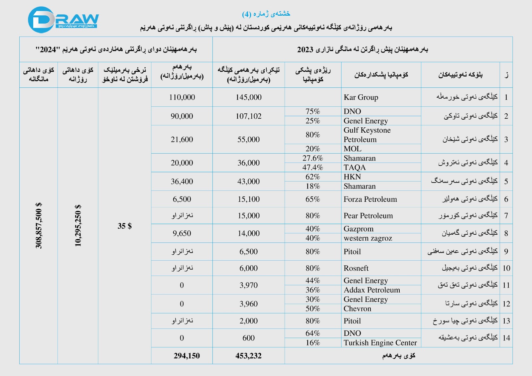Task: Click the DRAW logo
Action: pos(63,20)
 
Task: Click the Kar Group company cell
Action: pos(361,97)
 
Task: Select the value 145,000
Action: pos(248,97)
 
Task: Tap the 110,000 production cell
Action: pos(182,97)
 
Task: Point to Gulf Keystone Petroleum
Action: pos(367,135)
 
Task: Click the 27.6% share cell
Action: pos(313,158)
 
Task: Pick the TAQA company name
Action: pos(354,168)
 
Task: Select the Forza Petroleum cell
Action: pos(370,199)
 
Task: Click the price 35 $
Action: pos(125,226)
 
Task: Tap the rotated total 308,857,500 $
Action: pos(39,225)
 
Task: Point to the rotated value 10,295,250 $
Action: pos(78,225)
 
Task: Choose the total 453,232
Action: pos(248,356)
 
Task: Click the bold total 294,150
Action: pos(187,356)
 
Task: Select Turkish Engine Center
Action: pos(380,343)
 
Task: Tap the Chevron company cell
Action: pos(357,309)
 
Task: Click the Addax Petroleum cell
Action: pos(372,290)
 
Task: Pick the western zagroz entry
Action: pos(368,238)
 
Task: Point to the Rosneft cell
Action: pos(356,268)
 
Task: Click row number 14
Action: pos(506,338)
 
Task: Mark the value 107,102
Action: pos(248,116)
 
